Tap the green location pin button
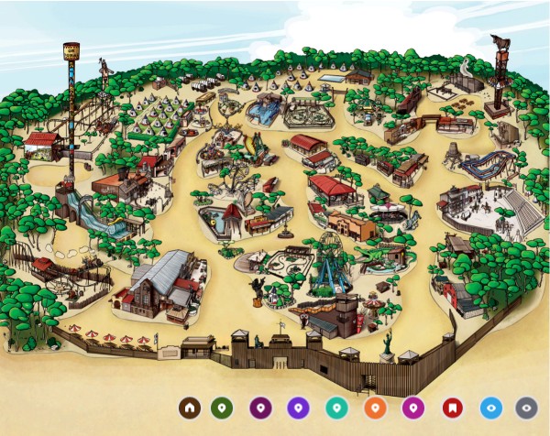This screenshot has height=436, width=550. point(222,408)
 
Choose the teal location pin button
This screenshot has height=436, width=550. point(335,408)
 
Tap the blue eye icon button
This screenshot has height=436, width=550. point(489,408)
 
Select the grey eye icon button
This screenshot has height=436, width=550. point(526,408)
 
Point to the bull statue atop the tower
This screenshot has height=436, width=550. point(500,43)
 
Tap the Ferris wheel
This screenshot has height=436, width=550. point(329,245)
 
